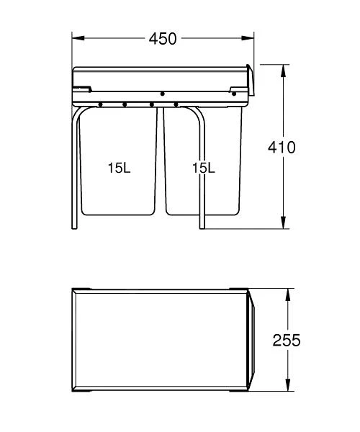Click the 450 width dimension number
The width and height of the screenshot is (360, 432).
click(163, 40)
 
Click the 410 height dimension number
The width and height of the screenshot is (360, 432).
click(281, 148)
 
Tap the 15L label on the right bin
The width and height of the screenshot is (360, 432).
click(204, 168)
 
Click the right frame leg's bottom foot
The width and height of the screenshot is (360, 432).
click(202, 228)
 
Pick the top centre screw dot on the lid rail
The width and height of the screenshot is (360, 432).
click(163, 93)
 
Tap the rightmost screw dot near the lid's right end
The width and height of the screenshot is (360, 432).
click(234, 93)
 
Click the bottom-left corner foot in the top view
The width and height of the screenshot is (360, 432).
click(80, 392)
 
